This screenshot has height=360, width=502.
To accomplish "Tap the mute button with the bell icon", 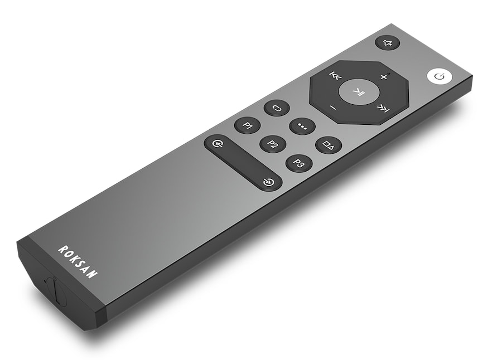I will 387,43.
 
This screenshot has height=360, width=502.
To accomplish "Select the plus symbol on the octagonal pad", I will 383,76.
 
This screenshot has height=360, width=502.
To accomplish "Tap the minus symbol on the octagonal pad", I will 333,107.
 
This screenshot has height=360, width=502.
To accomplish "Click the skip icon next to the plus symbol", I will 335,76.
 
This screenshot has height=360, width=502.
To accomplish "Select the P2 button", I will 273,144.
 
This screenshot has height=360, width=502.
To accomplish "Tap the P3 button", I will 299,163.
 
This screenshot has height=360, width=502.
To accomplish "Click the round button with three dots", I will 302,126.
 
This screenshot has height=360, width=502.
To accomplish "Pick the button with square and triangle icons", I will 329,145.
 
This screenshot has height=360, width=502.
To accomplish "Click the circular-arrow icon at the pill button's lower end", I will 268,182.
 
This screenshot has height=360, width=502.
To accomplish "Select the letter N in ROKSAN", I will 93,273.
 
